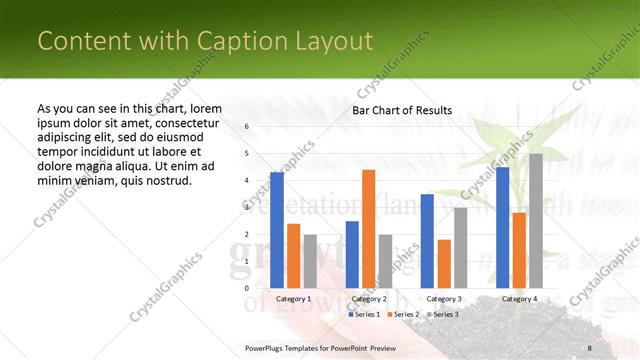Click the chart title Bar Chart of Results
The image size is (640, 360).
[x=402, y=110]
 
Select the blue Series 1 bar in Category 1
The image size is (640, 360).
[x=277, y=230]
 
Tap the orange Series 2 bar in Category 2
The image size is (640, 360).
[x=368, y=229]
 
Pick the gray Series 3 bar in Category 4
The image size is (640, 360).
[x=535, y=221]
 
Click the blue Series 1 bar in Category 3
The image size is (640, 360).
[x=427, y=241]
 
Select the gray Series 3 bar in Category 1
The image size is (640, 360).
[x=310, y=261]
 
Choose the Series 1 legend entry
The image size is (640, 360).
[x=365, y=314]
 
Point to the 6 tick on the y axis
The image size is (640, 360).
[x=246, y=127]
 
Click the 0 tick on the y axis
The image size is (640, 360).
[x=246, y=288]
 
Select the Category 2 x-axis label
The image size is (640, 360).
[x=369, y=299]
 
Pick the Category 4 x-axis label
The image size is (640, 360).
[x=519, y=299]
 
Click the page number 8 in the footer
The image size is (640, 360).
[x=590, y=347]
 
